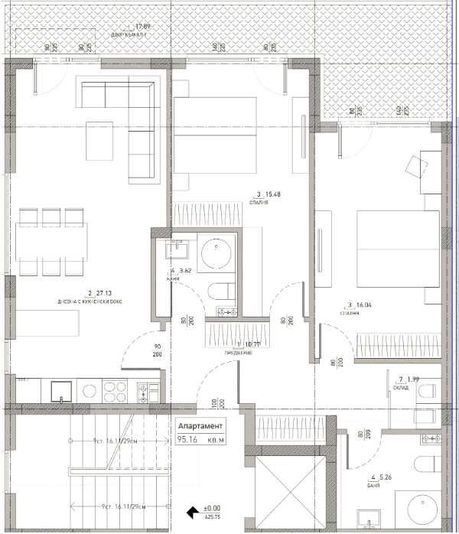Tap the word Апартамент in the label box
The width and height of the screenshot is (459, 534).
click(200, 426)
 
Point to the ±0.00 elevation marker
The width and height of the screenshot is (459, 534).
click(211, 507)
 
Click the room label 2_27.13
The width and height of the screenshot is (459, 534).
click(99, 291)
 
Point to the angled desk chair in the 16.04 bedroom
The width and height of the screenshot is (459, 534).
click(416, 165)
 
